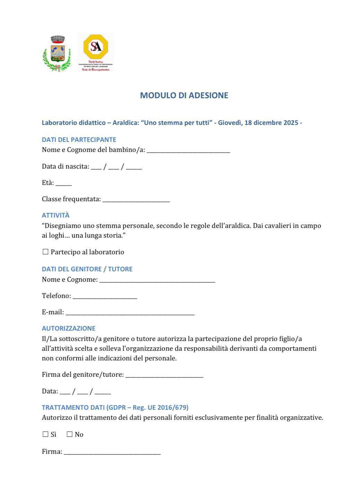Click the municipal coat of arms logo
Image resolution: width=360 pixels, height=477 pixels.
[x=57, y=53]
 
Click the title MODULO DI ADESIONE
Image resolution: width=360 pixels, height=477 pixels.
[x=184, y=95]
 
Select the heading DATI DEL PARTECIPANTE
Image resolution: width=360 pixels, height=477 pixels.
[x=79, y=139]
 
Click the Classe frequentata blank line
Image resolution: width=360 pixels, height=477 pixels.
[x=136, y=200]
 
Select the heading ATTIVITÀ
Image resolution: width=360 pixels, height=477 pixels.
[x=55, y=215]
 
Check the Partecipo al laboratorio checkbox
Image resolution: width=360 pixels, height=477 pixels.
[x=45, y=252]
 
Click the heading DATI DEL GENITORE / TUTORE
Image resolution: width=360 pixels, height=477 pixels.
[x=87, y=269]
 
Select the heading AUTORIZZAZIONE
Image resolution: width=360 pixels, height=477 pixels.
[x=68, y=328]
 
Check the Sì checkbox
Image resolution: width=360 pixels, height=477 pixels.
[x=45, y=434]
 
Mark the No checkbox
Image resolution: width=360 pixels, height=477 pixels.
[x=70, y=434]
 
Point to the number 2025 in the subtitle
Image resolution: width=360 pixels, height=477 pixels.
[x=291, y=122]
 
